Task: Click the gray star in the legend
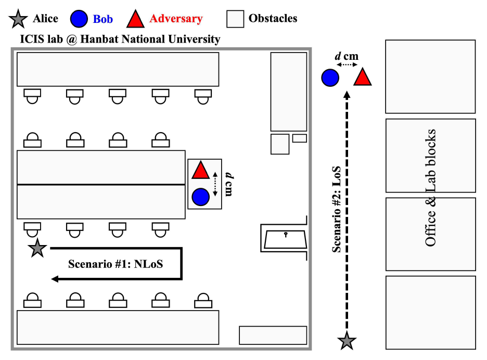click(18, 19)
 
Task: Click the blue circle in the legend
click(78, 19)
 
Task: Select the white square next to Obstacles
click(235, 19)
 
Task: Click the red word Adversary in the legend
click(176, 19)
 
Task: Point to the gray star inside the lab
click(37, 249)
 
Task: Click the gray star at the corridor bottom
click(347, 341)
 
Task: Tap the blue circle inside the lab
click(200, 197)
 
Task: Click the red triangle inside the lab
click(200, 171)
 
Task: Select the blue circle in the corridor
click(330, 78)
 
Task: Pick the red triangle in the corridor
click(363, 78)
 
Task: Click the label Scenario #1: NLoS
click(116, 264)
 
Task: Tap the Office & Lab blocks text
click(430, 188)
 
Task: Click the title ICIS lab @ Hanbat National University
click(120, 39)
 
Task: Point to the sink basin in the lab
click(286, 239)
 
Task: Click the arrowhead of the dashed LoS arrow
click(347, 94)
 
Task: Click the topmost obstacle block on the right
click(430, 76)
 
